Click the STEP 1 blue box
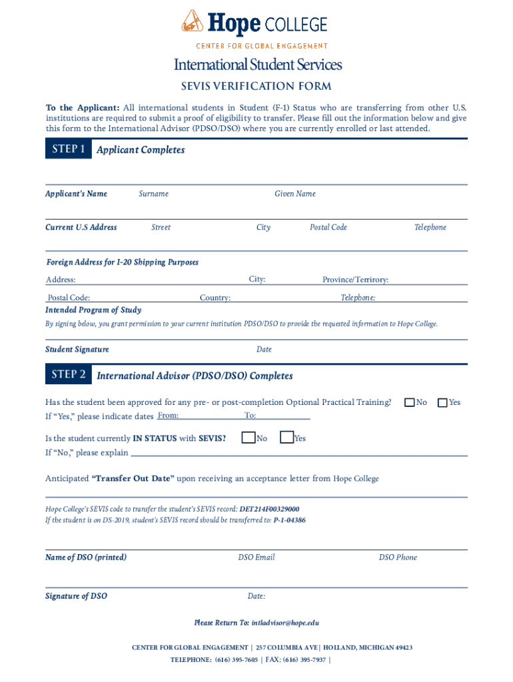(68, 150)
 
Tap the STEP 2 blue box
(68, 375)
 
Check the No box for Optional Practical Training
(410, 402)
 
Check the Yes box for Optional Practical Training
(442, 402)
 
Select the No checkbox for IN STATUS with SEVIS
(249, 438)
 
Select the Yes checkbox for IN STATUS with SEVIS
(286, 438)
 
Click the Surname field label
(153, 194)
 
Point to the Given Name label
(295, 194)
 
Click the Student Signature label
(77, 350)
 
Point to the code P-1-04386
(290, 520)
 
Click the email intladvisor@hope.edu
(285, 623)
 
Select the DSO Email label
(256, 557)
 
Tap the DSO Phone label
(398, 557)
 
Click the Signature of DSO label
(76, 596)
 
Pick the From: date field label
(168, 416)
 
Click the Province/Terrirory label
(355, 280)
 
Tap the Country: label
(215, 298)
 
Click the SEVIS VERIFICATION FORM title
(256, 87)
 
